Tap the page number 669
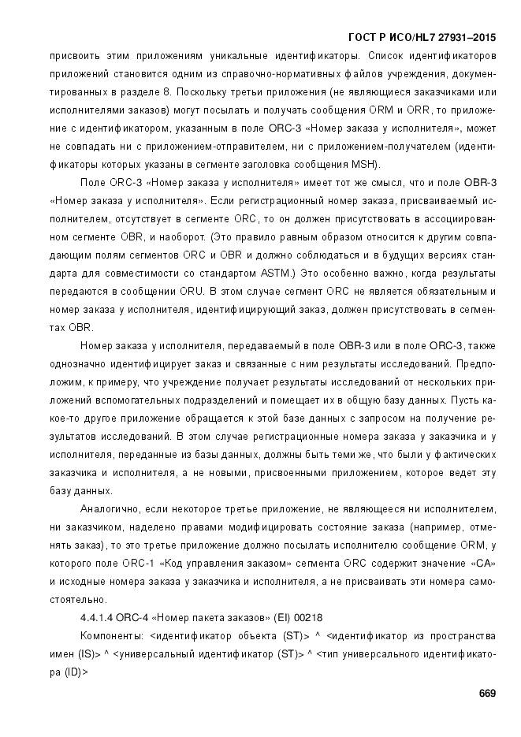tap(487, 693)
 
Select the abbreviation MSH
tap(366, 165)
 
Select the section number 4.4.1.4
tap(99, 618)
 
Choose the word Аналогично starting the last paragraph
tap(112, 509)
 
